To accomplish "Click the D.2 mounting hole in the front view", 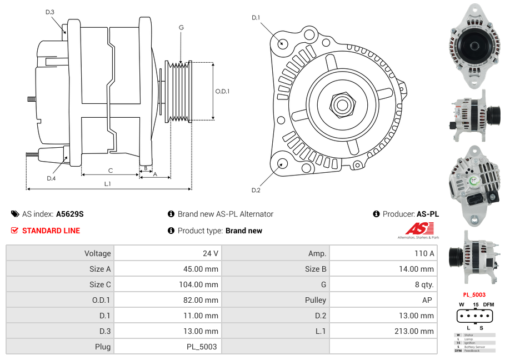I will (282, 163).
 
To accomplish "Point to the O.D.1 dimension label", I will (222, 92).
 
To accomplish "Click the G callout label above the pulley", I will (181, 27).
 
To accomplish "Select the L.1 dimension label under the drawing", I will (108, 183).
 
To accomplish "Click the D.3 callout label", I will (50, 12).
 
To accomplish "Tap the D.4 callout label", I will (51, 178).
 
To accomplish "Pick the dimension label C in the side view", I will (111, 171).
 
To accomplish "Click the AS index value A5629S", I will (69, 214).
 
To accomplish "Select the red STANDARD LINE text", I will (51, 231).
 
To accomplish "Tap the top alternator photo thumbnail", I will (474, 46).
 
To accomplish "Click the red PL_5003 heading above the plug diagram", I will (474, 294).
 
